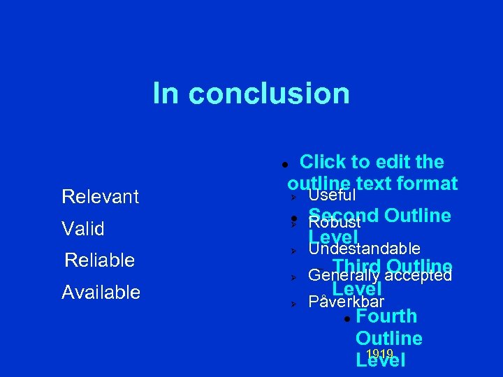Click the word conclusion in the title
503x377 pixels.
pos(269,94)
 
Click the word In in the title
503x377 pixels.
pos(165,94)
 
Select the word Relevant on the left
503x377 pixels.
pos(100,197)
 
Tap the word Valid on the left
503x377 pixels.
pos(83,229)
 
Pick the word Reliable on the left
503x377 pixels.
pos(99,260)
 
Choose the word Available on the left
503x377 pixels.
pos(101,293)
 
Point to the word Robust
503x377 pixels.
pos(334,223)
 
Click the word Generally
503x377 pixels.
pos(337,275)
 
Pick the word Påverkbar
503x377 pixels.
pos(346,302)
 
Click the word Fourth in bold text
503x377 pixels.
pos(386,316)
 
